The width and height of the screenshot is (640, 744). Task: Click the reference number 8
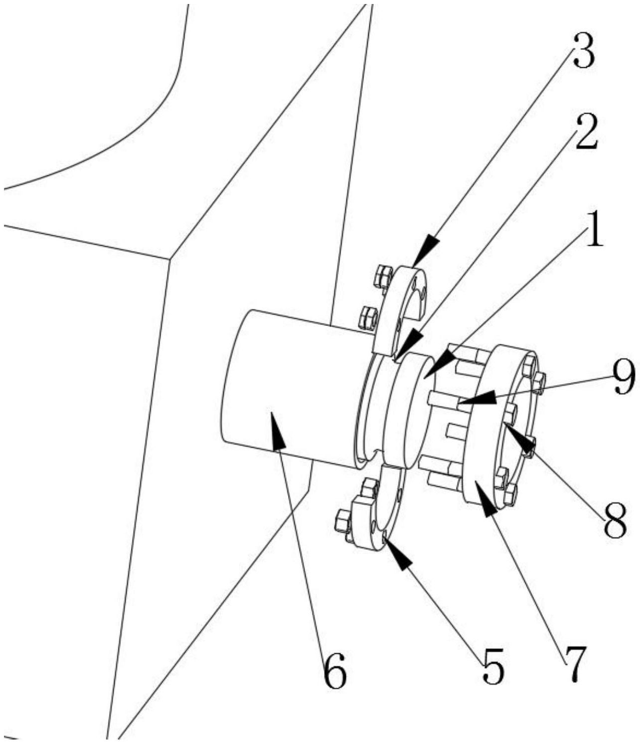coord(616,521)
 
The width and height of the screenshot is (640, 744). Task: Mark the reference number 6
coord(334,670)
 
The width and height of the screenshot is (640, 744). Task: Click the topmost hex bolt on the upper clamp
coord(383,276)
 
